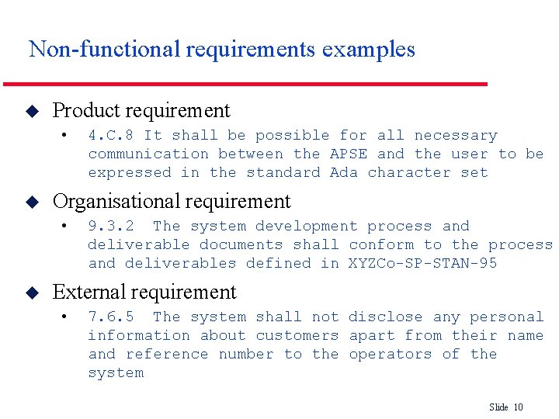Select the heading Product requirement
point(141,111)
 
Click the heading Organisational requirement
point(172,202)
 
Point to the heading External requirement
point(144,293)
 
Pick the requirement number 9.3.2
point(111,226)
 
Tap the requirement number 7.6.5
point(111,317)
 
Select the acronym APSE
point(349,154)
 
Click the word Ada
point(344,172)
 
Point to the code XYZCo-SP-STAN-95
point(423,263)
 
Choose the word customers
point(297,335)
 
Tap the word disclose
point(386,317)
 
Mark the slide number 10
point(519,407)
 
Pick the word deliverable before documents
point(139,244)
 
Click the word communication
point(148,154)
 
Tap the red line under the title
point(245,83)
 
